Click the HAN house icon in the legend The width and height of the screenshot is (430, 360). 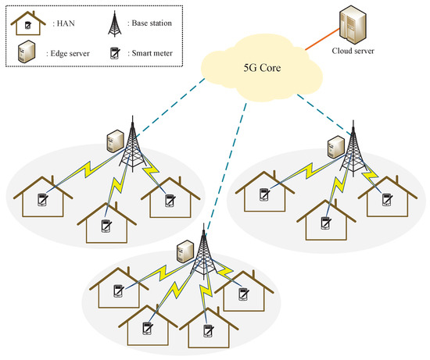coord(26,23)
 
